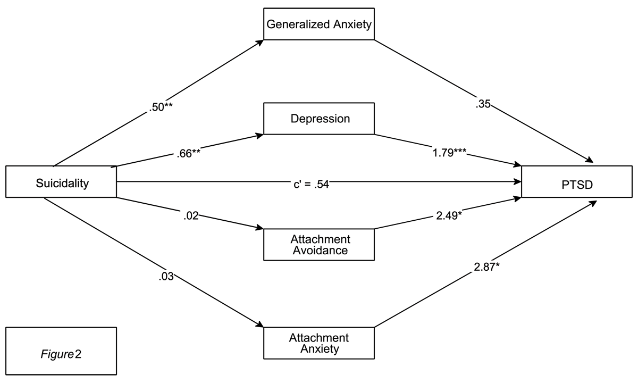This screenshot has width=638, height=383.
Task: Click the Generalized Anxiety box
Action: pyautogui.click(x=318, y=24)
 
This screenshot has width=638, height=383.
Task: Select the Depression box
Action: pyautogui.click(x=318, y=119)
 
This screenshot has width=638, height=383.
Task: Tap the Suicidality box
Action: pyautogui.click(x=61, y=181)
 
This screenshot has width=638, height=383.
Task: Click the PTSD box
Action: pyautogui.click(x=577, y=181)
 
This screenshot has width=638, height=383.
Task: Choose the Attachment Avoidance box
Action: pyautogui.click(x=318, y=245)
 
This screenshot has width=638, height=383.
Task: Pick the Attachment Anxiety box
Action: pyautogui.click(x=318, y=343)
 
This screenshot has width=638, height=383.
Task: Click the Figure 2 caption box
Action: pyautogui.click(x=61, y=351)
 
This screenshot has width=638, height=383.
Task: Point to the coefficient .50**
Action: pyautogui.click(x=161, y=107)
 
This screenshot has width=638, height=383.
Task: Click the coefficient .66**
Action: pyautogui.click(x=188, y=153)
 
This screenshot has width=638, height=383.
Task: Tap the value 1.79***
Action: pyautogui.click(x=449, y=153)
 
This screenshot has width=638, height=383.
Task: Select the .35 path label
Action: pyautogui.click(x=483, y=104)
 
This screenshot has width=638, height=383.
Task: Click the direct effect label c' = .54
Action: pyautogui.click(x=312, y=185)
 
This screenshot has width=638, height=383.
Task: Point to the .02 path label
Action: pyautogui.click(x=191, y=216)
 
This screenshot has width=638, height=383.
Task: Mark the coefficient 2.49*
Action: pyautogui.click(x=449, y=216)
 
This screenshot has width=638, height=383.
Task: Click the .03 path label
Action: pyautogui.click(x=166, y=277)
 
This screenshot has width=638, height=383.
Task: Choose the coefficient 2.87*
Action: pyautogui.click(x=486, y=267)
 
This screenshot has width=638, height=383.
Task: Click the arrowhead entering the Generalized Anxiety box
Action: pyautogui.click(x=260, y=43)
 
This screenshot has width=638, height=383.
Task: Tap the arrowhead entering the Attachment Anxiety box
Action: pyautogui.click(x=260, y=324)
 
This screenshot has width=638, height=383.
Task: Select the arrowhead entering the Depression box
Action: pyautogui.click(x=259, y=136)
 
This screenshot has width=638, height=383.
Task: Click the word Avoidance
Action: pyautogui.click(x=320, y=251)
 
